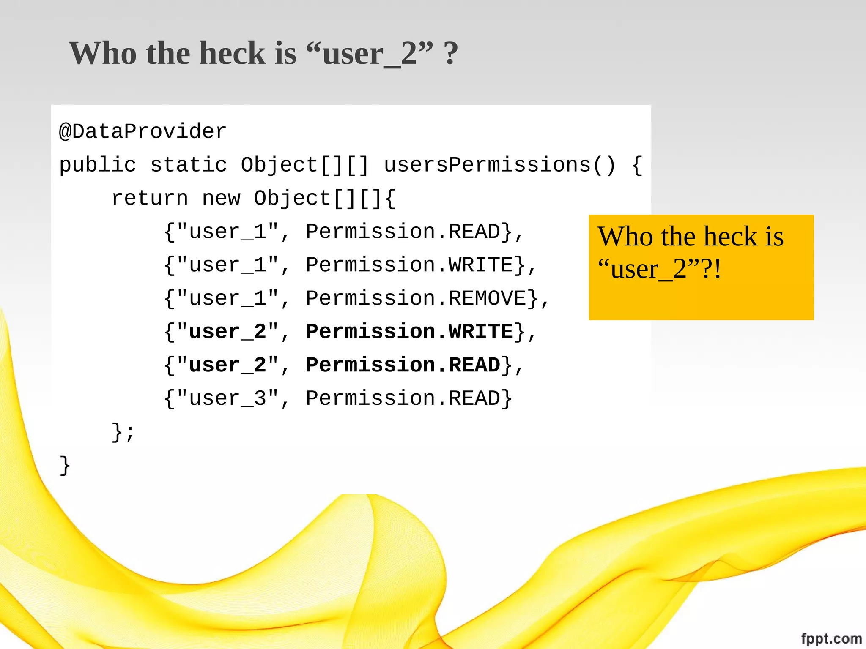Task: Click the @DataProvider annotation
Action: [x=143, y=131]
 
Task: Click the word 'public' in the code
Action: [x=98, y=165]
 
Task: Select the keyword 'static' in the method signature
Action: [x=189, y=165]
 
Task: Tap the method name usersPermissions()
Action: [x=499, y=165]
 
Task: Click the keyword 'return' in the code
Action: [x=149, y=198]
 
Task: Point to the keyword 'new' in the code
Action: [x=221, y=198]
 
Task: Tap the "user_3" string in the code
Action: [x=227, y=398]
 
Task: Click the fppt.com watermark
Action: [x=831, y=638]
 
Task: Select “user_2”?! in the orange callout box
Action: [x=660, y=269]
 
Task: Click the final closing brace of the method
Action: [x=65, y=466]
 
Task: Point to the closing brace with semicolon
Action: [x=123, y=432]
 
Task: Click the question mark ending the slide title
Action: [x=451, y=54]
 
